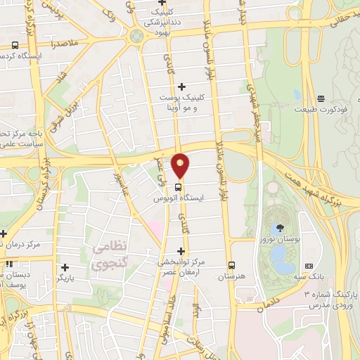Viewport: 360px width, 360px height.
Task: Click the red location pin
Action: click(181, 165)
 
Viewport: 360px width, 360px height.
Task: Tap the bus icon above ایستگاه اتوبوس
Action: click(179, 188)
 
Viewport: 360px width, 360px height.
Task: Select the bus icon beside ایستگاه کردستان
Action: click(15, 46)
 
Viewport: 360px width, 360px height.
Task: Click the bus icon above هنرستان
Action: click(231, 265)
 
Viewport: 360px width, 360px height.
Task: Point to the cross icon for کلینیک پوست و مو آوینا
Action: click(181, 86)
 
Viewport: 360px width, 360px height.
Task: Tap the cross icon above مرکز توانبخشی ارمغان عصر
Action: click(181, 250)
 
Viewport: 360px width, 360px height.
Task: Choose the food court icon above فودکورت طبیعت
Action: click(321, 98)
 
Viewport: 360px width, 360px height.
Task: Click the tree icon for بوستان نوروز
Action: click(281, 227)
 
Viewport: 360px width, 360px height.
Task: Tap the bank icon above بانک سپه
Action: click(309, 266)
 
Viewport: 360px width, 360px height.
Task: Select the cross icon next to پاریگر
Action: click(65, 267)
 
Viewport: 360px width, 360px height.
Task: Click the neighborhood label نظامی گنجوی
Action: click(109, 256)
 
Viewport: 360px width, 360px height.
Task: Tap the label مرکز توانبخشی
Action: click(182, 262)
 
